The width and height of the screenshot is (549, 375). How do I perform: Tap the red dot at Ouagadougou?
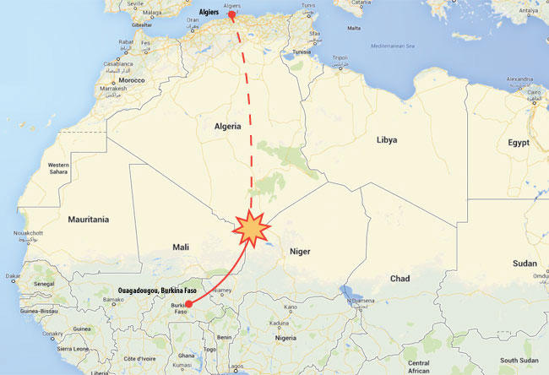pos(188,303)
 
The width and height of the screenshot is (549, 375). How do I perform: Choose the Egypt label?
pos(518,143)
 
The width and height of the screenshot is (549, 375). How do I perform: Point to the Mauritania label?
pos(87,220)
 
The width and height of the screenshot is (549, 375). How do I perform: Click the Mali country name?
pos(181,247)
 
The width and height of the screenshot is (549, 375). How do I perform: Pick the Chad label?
pos(400,278)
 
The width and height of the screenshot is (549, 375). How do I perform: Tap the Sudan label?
pos(524,264)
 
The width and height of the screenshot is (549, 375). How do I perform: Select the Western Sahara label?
pos(58,167)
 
